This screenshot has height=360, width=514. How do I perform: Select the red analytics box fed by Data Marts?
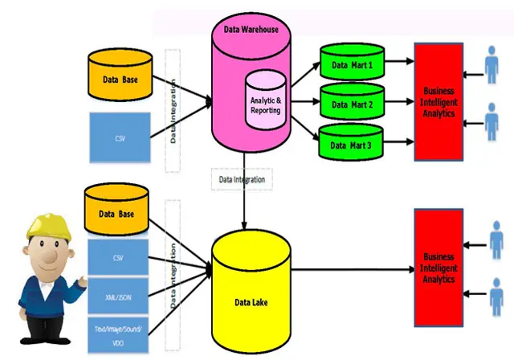coord(438,102)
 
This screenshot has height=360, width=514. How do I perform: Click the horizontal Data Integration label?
coord(242,179)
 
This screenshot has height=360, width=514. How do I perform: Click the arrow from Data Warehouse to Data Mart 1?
coord(305,74)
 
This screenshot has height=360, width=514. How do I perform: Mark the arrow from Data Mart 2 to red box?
coord(399,103)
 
